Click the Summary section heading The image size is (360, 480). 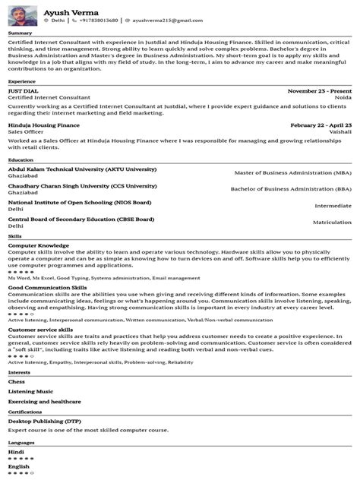[x=20, y=33]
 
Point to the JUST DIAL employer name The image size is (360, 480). [x=24, y=90]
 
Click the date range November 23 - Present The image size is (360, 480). [x=320, y=90]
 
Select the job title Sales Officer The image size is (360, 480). [x=27, y=132]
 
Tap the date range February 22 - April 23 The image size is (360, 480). [x=321, y=125]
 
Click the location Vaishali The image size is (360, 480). [x=339, y=132]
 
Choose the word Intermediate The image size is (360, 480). [x=333, y=206]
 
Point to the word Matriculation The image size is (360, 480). [x=332, y=222]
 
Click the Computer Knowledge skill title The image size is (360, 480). [x=39, y=245]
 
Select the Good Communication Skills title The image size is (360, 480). [x=47, y=288]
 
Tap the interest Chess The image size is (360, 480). [x=16, y=381]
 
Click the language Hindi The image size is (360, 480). [x=16, y=451]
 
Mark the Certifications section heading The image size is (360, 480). [x=26, y=411]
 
